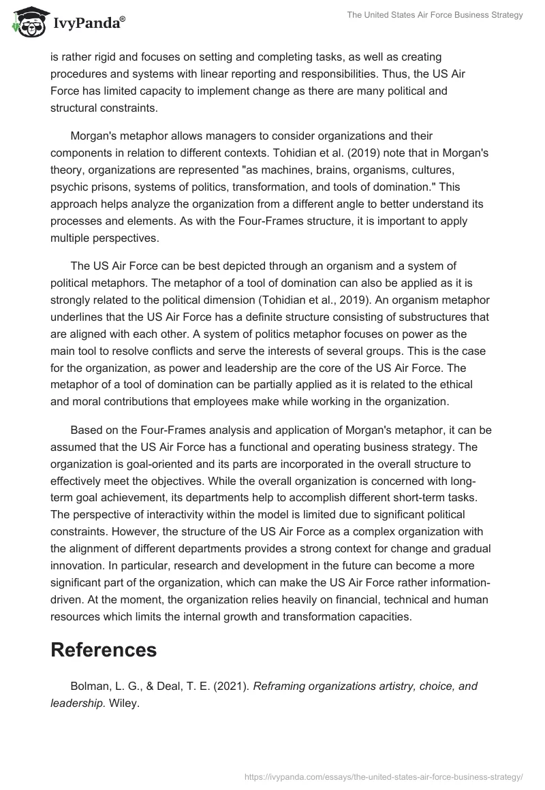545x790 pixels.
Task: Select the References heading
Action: (104, 650)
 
